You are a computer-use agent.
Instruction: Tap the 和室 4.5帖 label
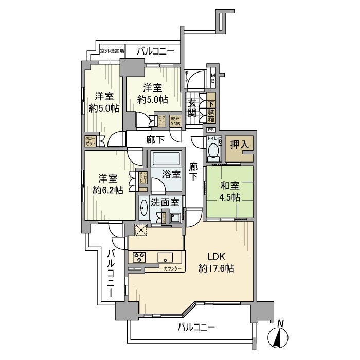pos(229,191)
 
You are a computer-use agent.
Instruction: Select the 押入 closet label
pos(239,145)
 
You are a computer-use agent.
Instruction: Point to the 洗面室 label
pos(164,203)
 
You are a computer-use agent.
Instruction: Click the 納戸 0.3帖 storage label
pos(175,121)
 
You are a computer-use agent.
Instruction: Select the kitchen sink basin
pos(167,258)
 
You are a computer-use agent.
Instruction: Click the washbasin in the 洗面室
pos(144,208)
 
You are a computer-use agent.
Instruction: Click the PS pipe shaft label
pos(211,130)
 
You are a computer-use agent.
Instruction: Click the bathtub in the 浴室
pos(166,158)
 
